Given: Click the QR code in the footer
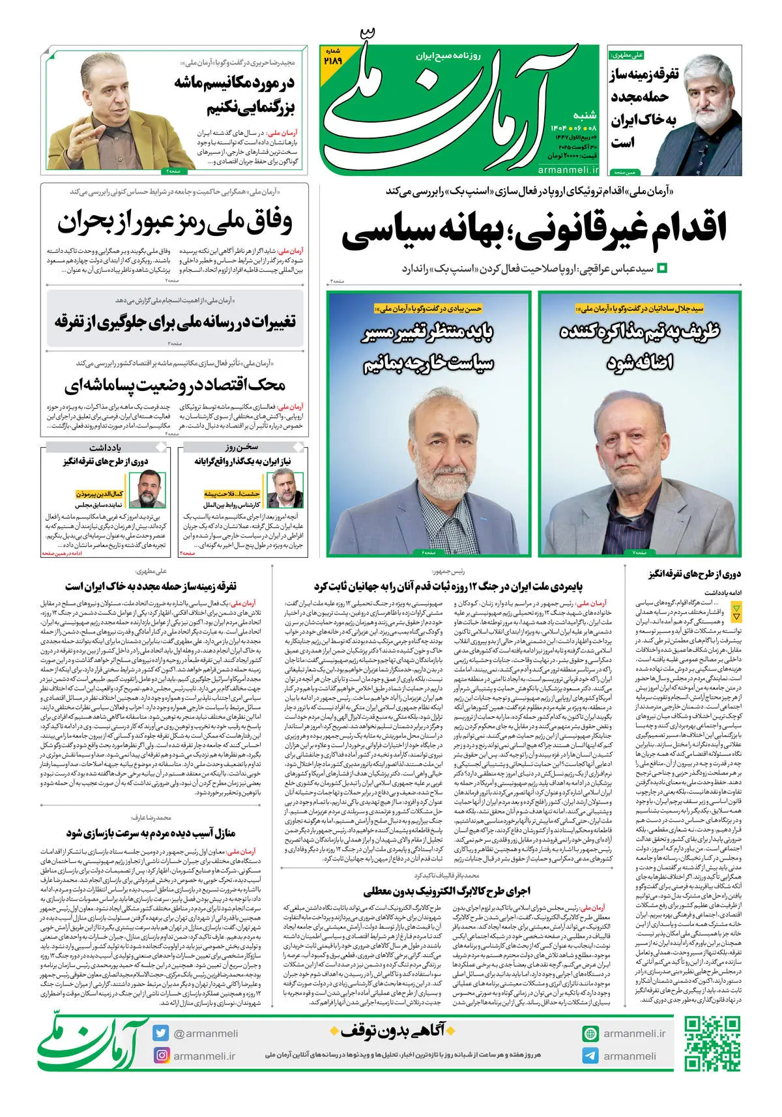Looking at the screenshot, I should point(712,1044).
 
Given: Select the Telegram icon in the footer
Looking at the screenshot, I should point(590,1056).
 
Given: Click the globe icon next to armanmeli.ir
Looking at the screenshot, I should point(590,1034).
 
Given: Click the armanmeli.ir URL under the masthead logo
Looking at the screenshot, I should point(568,170).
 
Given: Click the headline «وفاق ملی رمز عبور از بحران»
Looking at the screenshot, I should point(175,222).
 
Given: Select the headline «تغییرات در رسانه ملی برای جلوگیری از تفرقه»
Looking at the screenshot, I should point(175,321).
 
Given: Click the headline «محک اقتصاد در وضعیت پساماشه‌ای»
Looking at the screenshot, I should point(175,384).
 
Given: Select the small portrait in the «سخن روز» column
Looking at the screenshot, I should point(285,489).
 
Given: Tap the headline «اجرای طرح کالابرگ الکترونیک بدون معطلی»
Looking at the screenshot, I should point(446,891).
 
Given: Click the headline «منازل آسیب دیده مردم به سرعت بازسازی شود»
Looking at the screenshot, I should point(151,833).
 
